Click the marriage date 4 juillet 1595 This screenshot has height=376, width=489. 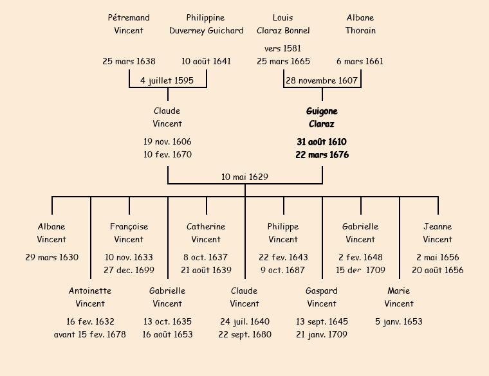167,80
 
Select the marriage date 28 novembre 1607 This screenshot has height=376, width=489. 321,80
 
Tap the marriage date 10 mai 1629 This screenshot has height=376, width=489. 244,177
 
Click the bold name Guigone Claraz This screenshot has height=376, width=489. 322,118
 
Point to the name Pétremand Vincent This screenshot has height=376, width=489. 129,24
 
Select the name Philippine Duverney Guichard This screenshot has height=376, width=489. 206,24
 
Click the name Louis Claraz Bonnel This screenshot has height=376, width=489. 283,24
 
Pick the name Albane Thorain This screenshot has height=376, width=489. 360,24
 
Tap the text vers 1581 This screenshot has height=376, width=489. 282,48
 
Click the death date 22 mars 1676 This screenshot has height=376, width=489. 322,155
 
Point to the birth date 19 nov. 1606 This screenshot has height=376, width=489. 167,141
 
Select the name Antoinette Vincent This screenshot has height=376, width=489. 90,297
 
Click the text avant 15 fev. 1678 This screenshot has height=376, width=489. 90,334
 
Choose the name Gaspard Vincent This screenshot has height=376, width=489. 322,297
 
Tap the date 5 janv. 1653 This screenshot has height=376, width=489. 399,321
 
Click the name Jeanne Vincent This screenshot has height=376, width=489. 438,233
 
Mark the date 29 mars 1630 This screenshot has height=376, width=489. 51,257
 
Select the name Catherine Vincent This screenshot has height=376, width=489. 206,233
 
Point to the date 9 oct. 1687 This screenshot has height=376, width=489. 283,270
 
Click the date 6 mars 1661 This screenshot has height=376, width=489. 360,62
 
